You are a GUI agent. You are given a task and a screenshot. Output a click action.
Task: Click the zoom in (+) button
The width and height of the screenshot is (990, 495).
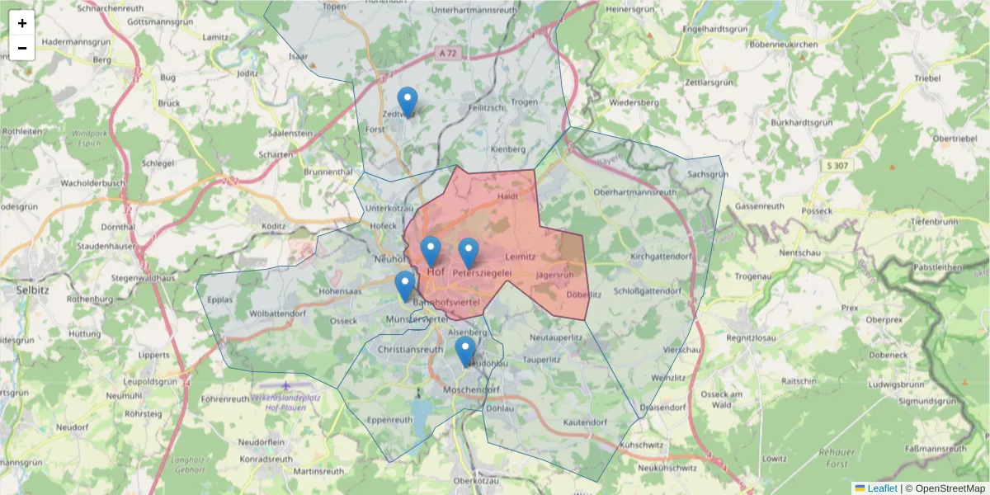point(22,23)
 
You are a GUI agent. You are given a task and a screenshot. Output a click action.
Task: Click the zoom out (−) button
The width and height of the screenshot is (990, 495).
point(22,48)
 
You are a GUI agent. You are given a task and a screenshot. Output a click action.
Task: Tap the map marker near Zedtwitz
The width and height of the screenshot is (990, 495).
point(407,102)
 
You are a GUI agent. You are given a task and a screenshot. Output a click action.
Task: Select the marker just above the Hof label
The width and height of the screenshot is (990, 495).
point(430,252)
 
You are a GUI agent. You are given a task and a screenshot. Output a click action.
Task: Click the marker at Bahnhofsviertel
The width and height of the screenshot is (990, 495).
point(404,285)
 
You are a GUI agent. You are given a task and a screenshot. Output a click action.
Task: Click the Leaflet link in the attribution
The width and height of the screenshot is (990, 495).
point(882,488)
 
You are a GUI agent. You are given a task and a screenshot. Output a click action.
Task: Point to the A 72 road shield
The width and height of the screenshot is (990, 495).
point(446,52)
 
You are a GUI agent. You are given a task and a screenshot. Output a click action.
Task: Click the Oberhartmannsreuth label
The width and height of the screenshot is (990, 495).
point(634,191)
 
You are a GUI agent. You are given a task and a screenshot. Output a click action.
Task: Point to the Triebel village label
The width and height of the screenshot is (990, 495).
point(927,78)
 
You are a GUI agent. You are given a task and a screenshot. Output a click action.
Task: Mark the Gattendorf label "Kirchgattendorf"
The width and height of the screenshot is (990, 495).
point(660,257)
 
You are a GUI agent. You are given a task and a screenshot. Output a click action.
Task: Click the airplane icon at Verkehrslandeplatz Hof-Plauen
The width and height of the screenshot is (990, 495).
point(285,385)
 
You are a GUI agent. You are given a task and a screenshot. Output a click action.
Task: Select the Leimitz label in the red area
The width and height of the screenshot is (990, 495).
point(521,257)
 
